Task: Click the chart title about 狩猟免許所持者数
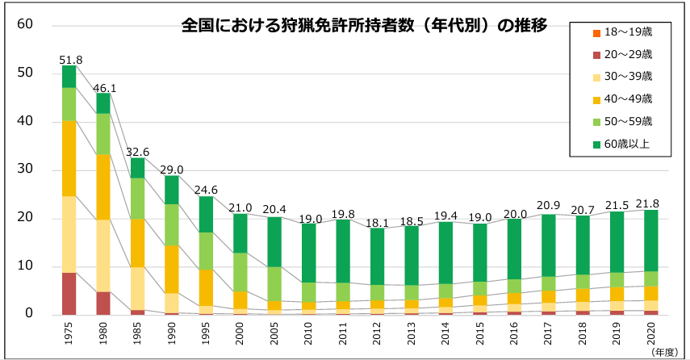pyautogui.click(x=364, y=25)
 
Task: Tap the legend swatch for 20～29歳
pyautogui.click(x=596, y=55)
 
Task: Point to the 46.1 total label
pyautogui.click(x=105, y=87)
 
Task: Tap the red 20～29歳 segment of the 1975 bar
pyautogui.click(x=69, y=294)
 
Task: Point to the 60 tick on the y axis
pyautogui.click(x=24, y=24)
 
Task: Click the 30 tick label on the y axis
pyautogui.click(x=24, y=170)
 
